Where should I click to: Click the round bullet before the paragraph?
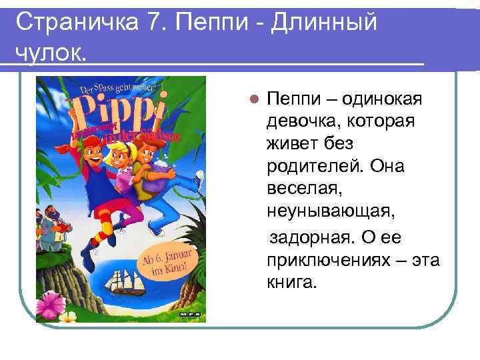pos(253,100)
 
